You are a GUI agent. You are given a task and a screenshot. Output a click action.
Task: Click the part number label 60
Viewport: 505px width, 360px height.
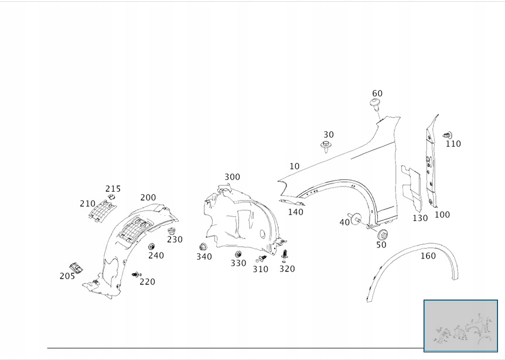click(x=377, y=94)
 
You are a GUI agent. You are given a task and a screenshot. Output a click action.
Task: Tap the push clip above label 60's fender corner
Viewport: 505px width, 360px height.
click(x=376, y=104)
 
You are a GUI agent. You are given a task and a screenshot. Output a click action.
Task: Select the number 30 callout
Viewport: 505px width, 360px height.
click(x=328, y=135)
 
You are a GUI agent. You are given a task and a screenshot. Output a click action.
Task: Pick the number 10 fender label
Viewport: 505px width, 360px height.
click(x=294, y=167)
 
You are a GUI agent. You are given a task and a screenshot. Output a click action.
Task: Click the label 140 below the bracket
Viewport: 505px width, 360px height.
click(x=296, y=212)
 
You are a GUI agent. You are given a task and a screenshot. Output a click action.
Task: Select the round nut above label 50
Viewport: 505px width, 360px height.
click(x=382, y=235)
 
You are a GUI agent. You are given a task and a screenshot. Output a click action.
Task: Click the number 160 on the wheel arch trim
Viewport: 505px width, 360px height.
click(x=428, y=256)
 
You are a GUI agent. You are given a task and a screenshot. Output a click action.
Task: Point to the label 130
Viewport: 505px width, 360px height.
click(x=420, y=218)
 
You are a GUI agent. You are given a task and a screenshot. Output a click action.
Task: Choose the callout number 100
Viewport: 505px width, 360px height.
click(x=442, y=215)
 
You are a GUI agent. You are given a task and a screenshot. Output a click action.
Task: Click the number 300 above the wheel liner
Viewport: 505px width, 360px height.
click(x=232, y=177)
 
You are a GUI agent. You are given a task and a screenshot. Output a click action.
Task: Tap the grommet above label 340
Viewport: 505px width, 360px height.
click(x=204, y=247)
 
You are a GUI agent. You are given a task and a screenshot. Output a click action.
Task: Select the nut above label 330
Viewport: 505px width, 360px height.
click(x=238, y=254)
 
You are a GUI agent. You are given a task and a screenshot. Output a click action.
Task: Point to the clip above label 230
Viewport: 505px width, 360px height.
click(x=172, y=230)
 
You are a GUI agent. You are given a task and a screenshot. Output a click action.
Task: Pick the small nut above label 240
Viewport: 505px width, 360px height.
click(x=151, y=246)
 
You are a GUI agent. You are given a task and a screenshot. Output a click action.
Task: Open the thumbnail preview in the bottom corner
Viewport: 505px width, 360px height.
click(x=460, y=325)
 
